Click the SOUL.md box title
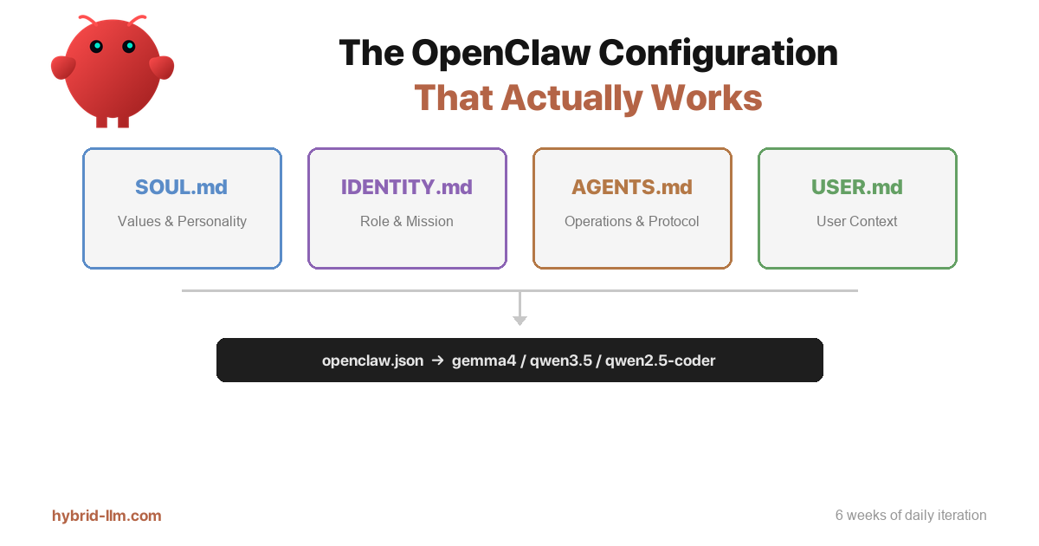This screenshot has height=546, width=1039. pyautogui.click(x=181, y=187)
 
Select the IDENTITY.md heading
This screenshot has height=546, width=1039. pyautogui.click(x=406, y=187)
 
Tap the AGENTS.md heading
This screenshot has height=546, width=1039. pyautogui.click(x=631, y=187)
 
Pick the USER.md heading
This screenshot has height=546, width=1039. pyautogui.click(x=856, y=187)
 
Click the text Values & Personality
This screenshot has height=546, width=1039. pyautogui.click(x=182, y=221)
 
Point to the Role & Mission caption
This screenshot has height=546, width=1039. pyautogui.click(x=406, y=221)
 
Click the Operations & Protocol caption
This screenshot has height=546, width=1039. pyautogui.click(x=631, y=221)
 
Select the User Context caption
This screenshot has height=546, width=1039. pyautogui.click(x=856, y=221)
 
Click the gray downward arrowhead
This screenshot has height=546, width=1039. pyautogui.click(x=519, y=320)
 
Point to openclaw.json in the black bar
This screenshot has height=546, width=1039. pyautogui.click(x=372, y=361)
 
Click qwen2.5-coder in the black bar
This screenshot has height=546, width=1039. pyautogui.click(x=660, y=361)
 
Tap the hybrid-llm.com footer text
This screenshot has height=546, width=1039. pyautogui.click(x=106, y=516)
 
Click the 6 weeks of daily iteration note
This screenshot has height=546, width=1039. pyautogui.click(x=910, y=516)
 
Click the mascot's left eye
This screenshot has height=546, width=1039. pyautogui.click(x=96, y=46)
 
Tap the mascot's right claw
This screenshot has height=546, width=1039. pyautogui.click(x=162, y=68)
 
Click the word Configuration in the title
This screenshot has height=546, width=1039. pyautogui.click(x=718, y=54)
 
